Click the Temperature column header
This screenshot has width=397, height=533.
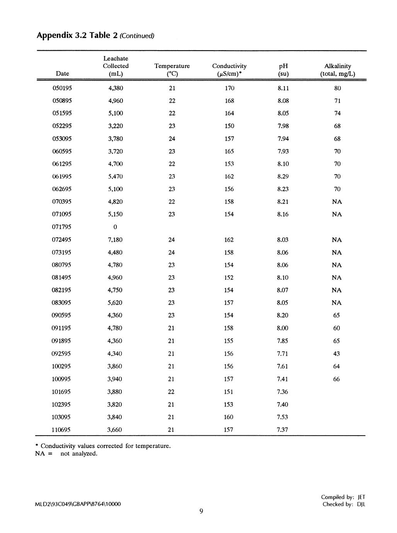point(172,70)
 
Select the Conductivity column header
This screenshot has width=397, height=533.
point(229,70)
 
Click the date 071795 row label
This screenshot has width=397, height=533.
point(61,227)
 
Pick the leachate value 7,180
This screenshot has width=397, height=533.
point(115,240)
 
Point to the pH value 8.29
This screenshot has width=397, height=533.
point(283,177)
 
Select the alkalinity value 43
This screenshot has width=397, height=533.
point(336,354)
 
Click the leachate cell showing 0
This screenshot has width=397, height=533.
point(115,227)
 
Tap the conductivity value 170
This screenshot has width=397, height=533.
point(229,88)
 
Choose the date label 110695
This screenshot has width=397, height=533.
point(61,429)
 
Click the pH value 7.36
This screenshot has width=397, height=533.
point(283,392)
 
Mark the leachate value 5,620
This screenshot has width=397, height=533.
point(115,303)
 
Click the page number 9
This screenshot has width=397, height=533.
point(201,511)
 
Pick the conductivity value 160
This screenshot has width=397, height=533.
point(228,417)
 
